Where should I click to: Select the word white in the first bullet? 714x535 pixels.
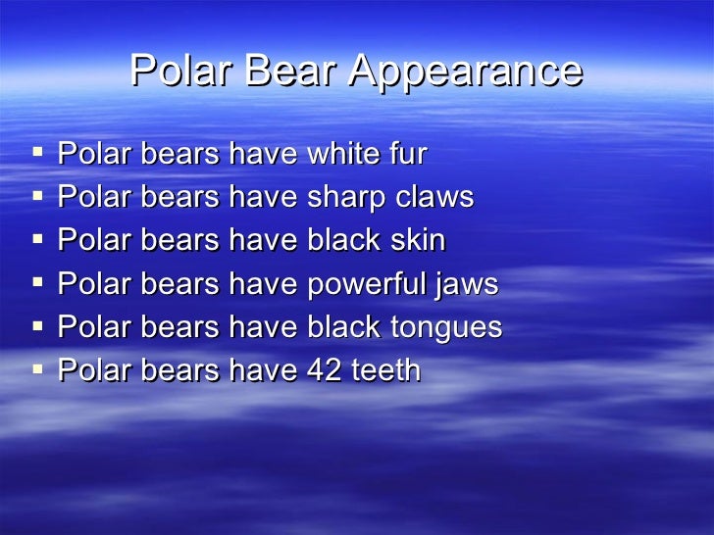click(x=343, y=154)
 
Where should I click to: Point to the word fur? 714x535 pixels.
click(x=407, y=154)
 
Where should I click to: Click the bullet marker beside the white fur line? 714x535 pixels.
click(x=37, y=153)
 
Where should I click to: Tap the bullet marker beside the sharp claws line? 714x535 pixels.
click(x=37, y=197)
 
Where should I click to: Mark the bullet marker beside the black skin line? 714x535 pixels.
click(x=37, y=240)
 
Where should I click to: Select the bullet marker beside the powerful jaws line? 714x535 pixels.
click(x=37, y=284)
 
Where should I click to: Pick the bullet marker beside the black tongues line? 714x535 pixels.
click(x=37, y=327)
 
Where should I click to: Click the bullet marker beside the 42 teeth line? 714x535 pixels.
click(x=37, y=370)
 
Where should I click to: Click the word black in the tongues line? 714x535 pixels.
click(x=343, y=328)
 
